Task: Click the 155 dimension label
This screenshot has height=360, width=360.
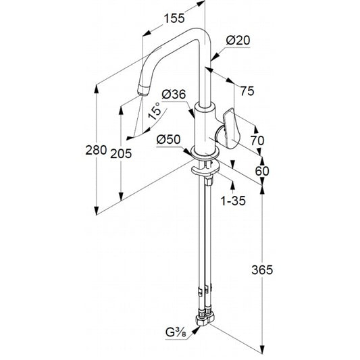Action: pos(174,18)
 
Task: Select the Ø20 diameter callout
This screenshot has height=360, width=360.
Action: pos(238,41)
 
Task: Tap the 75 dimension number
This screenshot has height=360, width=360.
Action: pos(247,91)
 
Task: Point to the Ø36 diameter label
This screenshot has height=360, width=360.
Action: pos(174,95)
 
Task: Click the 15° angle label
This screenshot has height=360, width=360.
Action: pos(154,111)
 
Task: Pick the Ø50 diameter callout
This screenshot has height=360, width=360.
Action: pos(169,139)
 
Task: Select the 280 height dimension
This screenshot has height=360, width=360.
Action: pos(96,151)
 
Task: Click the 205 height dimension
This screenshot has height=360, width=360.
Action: pos(121,153)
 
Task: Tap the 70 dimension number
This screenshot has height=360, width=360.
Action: pos(257,140)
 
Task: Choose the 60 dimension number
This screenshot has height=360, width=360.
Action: pos(262,171)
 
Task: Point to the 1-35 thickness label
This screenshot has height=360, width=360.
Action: pos(233,201)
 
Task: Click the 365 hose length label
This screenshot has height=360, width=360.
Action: pos(262,269)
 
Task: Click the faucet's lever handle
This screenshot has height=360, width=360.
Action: pos(231,129)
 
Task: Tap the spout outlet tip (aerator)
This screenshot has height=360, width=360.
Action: pos(144,91)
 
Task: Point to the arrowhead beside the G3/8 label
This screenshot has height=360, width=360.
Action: pos(196,330)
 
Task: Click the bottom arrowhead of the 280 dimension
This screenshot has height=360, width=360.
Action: pos(97,211)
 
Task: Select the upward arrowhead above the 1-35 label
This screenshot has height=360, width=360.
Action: pos(233,185)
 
